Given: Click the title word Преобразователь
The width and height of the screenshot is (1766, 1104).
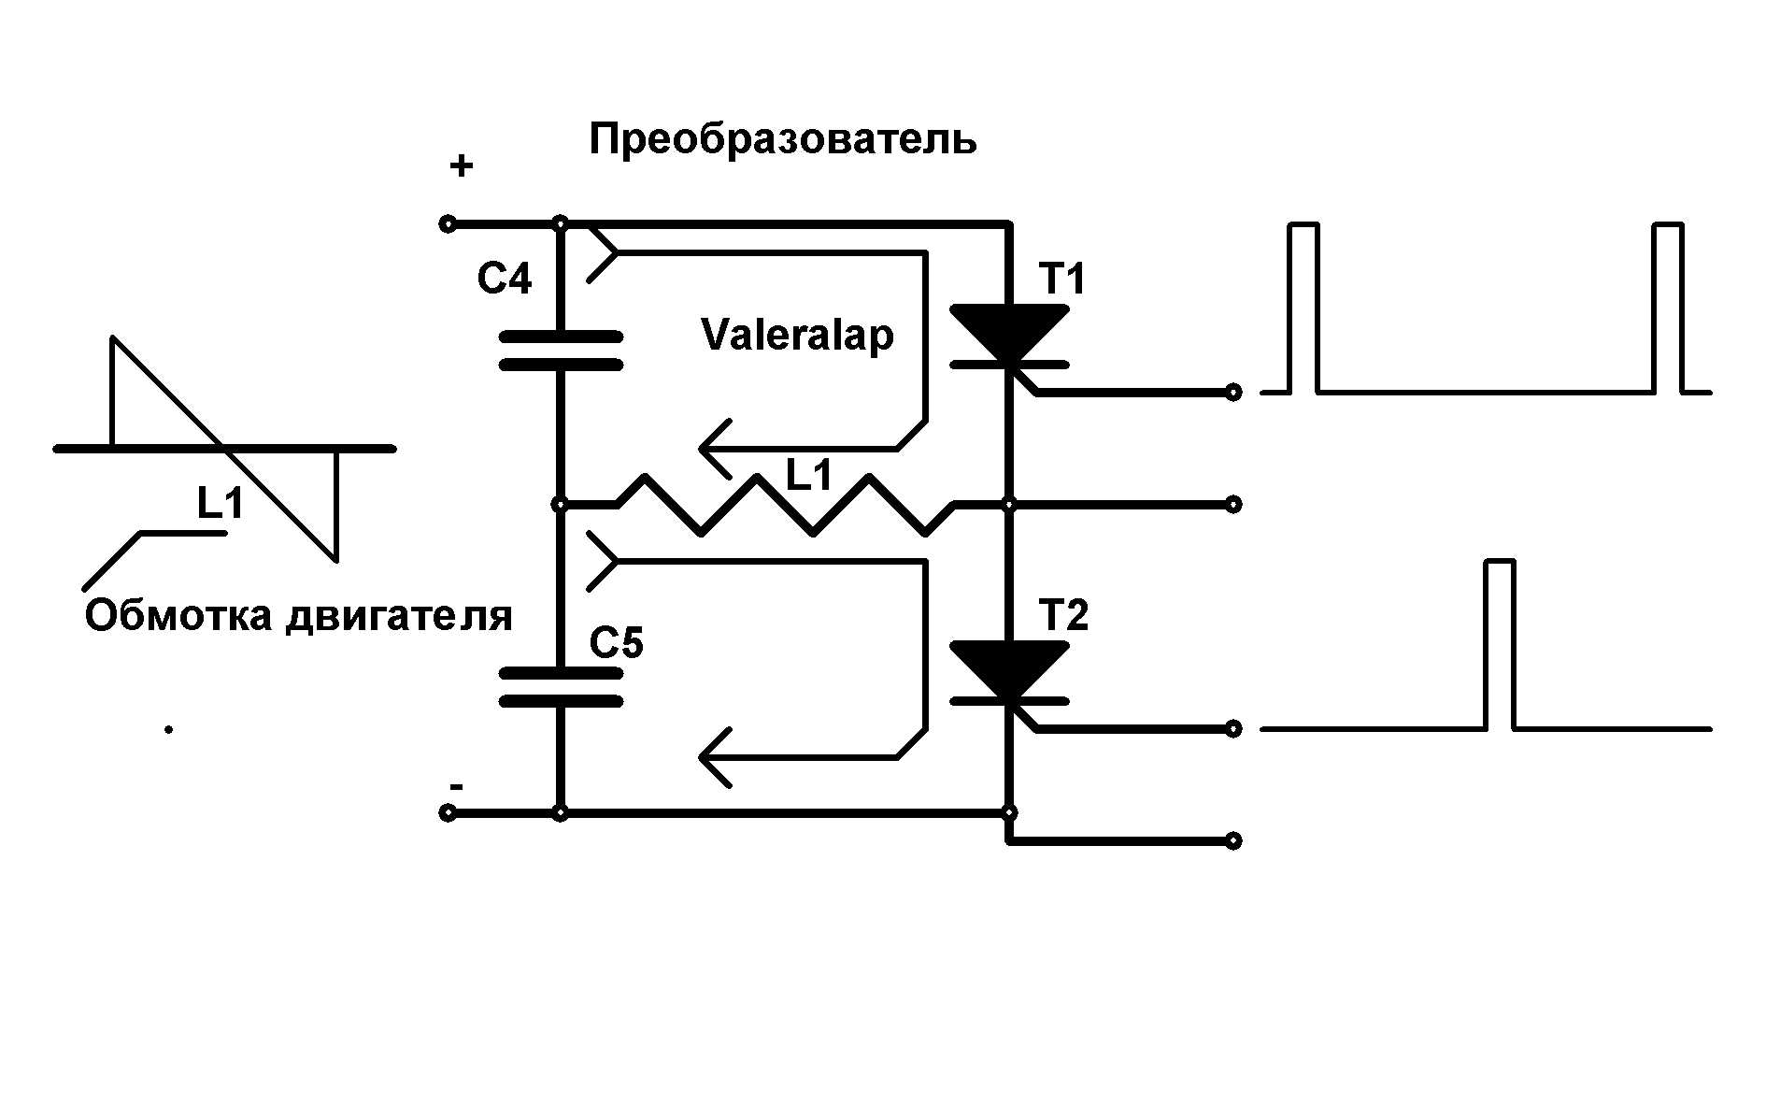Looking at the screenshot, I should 783,140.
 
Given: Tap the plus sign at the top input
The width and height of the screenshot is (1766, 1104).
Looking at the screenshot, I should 462,167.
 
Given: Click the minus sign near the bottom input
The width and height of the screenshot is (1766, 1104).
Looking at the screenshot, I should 455,786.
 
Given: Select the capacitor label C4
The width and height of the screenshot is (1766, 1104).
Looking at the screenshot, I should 505,279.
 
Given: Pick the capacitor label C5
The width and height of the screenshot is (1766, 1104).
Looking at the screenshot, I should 617,643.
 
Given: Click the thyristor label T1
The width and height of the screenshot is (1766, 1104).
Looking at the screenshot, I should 1062,279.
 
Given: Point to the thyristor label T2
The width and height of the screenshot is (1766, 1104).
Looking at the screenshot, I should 1063,615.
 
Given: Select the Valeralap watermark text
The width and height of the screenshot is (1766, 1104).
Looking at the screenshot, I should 797,336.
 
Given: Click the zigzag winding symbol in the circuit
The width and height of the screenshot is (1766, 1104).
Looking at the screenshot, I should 785,506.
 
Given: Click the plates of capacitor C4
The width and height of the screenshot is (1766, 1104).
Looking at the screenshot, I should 561,351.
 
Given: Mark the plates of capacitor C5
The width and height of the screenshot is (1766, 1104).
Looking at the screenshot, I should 561,687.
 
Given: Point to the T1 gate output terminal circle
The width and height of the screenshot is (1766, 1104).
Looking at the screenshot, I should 1233,393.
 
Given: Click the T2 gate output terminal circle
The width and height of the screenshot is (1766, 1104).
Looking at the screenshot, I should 1233,728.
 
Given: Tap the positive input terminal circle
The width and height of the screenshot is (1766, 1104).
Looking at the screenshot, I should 448,224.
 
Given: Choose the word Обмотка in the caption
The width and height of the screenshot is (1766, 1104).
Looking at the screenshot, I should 178,616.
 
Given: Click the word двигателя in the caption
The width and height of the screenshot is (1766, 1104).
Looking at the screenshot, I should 400,617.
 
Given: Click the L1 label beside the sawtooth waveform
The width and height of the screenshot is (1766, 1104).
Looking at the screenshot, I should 221,505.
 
